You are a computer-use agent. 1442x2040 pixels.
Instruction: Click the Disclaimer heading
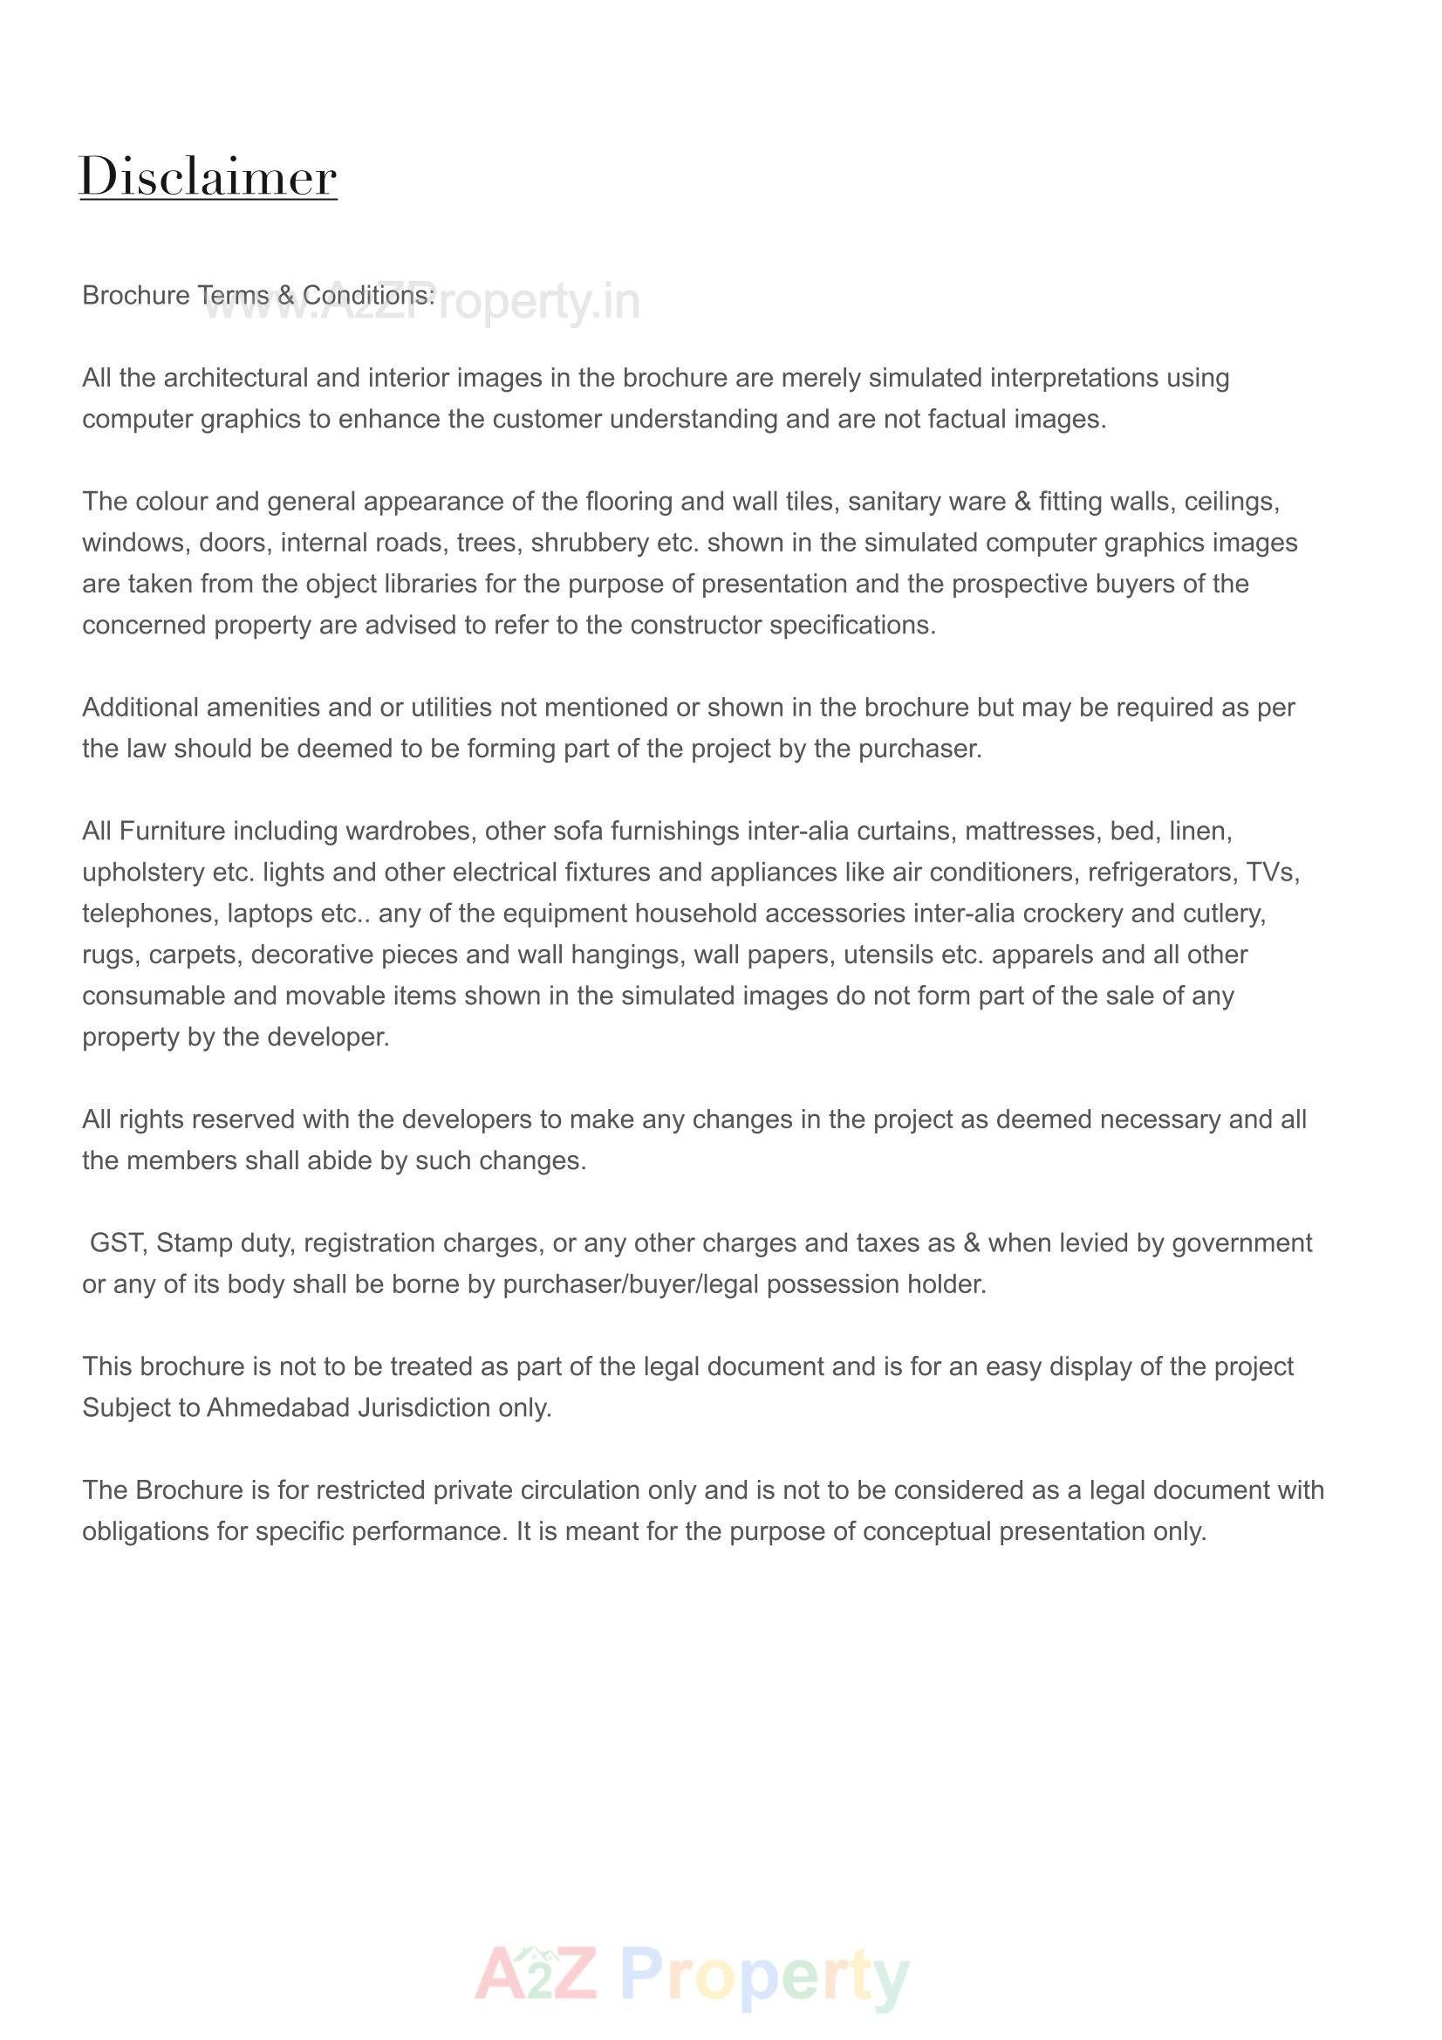[208, 176]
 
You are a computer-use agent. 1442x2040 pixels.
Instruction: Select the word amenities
[262, 708]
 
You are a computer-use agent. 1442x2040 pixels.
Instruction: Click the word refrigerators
[1161, 872]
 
